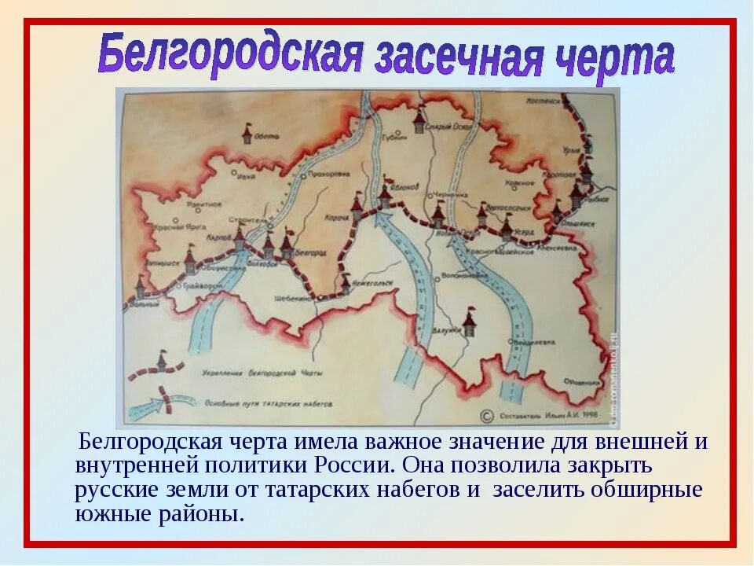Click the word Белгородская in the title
[231, 53]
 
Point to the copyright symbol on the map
[485, 414]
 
